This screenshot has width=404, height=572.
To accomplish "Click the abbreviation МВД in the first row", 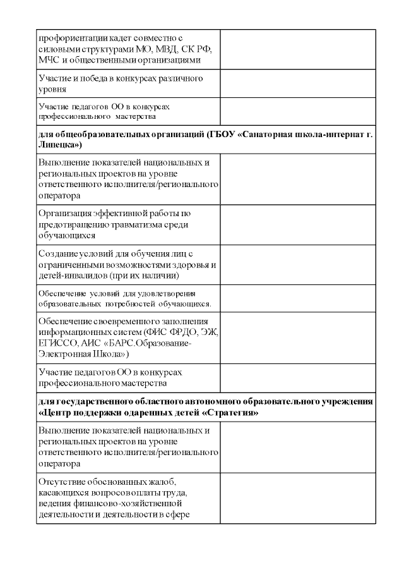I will pyautogui.click(x=170, y=49).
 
